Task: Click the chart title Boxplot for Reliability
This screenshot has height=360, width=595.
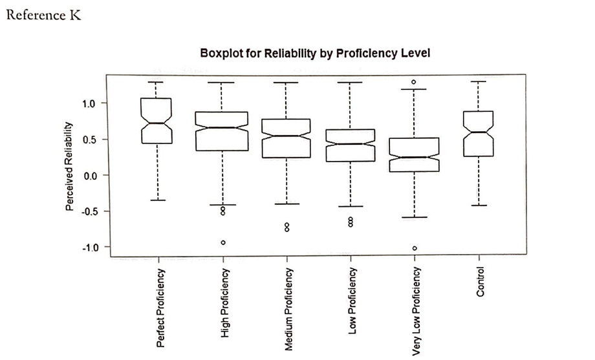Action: [x=315, y=53]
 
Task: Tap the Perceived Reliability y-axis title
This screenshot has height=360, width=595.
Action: [x=69, y=166]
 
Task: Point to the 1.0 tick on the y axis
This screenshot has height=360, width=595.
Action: [x=91, y=103]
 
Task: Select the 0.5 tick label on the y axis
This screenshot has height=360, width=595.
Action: [x=91, y=140]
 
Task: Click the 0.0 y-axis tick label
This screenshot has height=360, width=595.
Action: [x=91, y=175]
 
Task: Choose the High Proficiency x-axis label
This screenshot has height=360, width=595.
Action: [x=224, y=303]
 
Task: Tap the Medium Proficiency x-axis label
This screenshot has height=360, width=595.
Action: [x=288, y=309]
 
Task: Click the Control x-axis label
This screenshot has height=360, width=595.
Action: [x=479, y=281]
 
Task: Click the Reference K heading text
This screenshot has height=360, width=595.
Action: [x=43, y=15]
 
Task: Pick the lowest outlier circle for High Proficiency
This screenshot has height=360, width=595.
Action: [x=223, y=242]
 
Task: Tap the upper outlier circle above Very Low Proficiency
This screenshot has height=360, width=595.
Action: [x=415, y=82]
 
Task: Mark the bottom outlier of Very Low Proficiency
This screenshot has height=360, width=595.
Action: [x=415, y=248]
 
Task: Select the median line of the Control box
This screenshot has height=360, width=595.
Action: [x=479, y=132]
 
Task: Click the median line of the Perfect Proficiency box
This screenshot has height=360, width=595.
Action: [x=157, y=123]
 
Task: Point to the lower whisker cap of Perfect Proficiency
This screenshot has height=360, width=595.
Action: [x=157, y=200]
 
